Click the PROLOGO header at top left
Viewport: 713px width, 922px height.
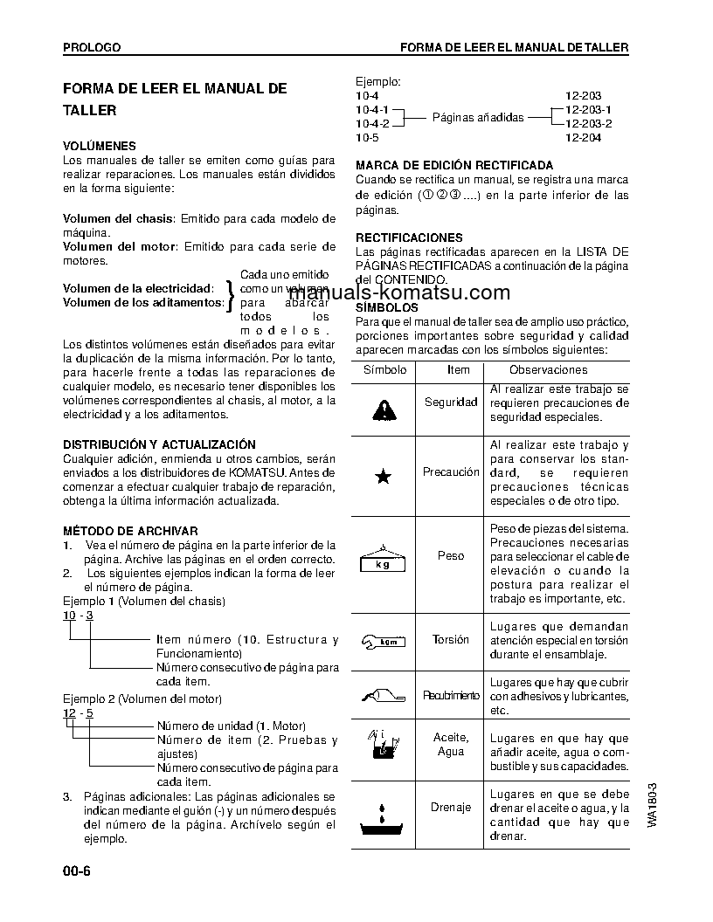pyautogui.click(x=92, y=47)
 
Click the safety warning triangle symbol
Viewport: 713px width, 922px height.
pyautogui.click(x=383, y=406)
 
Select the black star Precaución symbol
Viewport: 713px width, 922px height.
pyautogui.click(x=383, y=476)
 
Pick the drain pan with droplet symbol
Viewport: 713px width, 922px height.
pyautogui.click(x=383, y=815)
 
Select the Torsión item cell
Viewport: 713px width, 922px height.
pyautogui.click(x=451, y=640)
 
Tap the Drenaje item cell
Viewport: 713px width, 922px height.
pyautogui.click(x=451, y=808)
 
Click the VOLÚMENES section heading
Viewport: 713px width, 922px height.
pyautogui.click(x=100, y=147)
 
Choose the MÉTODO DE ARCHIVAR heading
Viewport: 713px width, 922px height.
pyautogui.click(x=130, y=531)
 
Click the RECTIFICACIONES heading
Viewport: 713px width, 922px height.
pyautogui.click(x=410, y=237)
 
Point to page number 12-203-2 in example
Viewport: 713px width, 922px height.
pyautogui.click(x=589, y=123)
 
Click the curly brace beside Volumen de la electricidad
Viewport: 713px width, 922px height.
pyautogui.click(x=230, y=295)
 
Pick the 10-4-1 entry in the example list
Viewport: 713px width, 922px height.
pyautogui.click(x=373, y=110)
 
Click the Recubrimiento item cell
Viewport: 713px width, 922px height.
pyautogui.click(x=451, y=696)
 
